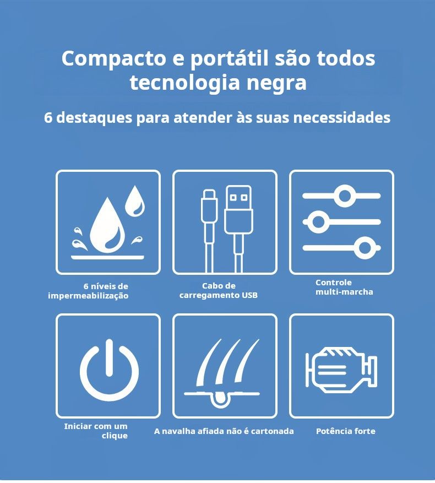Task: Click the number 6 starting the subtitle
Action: pyautogui.click(x=48, y=118)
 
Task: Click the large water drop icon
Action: pyautogui.click(x=107, y=225)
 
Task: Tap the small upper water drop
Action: pyautogui.click(x=135, y=201)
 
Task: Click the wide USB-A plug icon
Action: pyautogui.click(x=238, y=209)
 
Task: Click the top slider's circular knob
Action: pyautogui.click(x=345, y=196)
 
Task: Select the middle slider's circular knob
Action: pyautogui.click(x=319, y=221)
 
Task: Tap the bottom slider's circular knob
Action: pyautogui.click(x=365, y=248)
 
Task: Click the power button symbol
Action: pyautogui.click(x=109, y=370)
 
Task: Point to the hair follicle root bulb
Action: pyautogui.click(x=221, y=398)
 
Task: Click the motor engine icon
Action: pyautogui.click(x=341, y=370)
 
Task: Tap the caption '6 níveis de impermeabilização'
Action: pyautogui.click(x=88, y=291)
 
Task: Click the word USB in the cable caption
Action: pyautogui.click(x=249, y=295)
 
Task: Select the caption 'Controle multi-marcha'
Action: pyautogui.click(x=344, y=287)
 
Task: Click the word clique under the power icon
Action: pyautogui.click(x=115, y=436)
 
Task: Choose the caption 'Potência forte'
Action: pyautogui.click(x=346, y=431)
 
